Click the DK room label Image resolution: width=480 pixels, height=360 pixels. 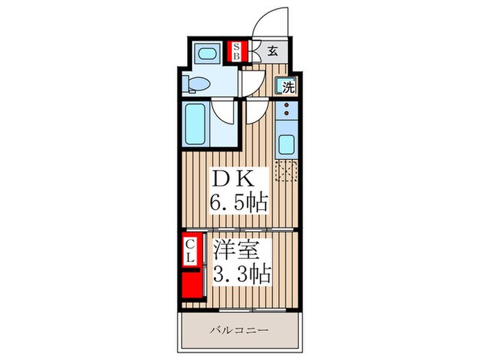tap(234, 180)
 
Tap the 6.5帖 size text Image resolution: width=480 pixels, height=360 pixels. tap(239, 202)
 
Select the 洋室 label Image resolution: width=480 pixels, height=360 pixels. tap(237, 250)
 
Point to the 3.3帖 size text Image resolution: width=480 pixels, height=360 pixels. tap(242, 274)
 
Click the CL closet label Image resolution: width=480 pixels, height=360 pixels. tap(191, 251)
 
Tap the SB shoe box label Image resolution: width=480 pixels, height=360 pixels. tap(237, 51)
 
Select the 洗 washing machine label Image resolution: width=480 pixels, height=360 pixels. tap(289, 88)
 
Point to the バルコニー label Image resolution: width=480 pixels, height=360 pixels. tap(239, 331)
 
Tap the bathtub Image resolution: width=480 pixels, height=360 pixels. tap(195, 124)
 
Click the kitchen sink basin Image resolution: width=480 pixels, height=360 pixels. tap(287, 145)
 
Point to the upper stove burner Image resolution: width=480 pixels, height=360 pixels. tap(287, 105)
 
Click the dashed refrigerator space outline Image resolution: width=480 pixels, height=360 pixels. tap(286, 171)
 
